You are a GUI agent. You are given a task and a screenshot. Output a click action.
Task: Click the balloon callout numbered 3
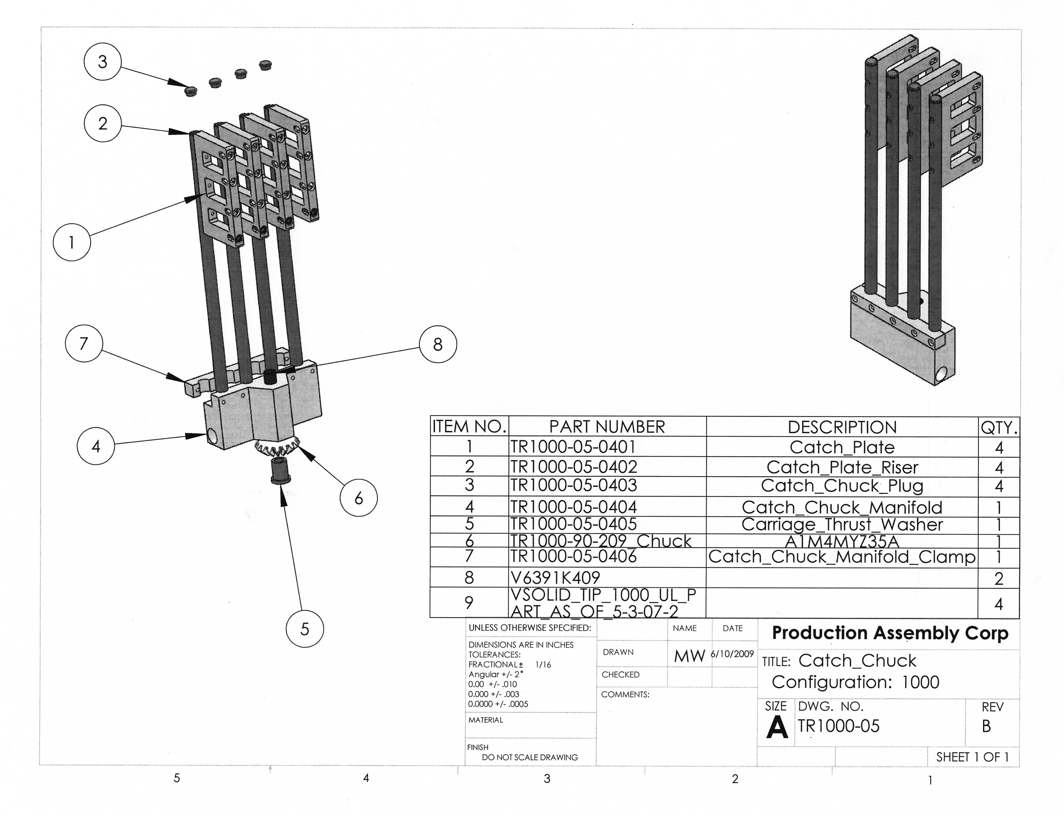point(102,62)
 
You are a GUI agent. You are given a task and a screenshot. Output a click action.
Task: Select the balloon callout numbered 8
point(438,344)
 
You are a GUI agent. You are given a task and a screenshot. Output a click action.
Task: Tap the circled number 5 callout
point(304,629)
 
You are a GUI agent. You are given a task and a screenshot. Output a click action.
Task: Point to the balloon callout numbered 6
point(359,497)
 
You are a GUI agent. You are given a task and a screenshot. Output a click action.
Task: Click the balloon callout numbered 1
point(72,242)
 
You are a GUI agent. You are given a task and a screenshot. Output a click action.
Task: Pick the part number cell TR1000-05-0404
point(573,507)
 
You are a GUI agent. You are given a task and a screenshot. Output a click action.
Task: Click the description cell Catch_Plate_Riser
point(842,467)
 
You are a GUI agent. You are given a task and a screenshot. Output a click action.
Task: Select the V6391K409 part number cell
point(555,578)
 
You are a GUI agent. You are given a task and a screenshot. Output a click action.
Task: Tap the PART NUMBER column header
point(607,427)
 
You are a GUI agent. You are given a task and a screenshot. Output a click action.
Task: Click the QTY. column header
point(999,427)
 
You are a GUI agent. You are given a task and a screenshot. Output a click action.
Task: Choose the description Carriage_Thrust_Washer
point(842,524)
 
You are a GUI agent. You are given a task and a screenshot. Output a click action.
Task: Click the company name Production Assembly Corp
point(890,633)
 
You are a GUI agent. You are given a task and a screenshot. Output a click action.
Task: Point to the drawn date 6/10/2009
point(733,654)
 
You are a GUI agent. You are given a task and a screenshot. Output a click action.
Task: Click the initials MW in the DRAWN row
point(689,656)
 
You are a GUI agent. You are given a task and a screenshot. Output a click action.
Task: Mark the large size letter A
point(777,727)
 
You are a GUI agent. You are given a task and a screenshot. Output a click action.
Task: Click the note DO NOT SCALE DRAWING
point(530,757)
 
